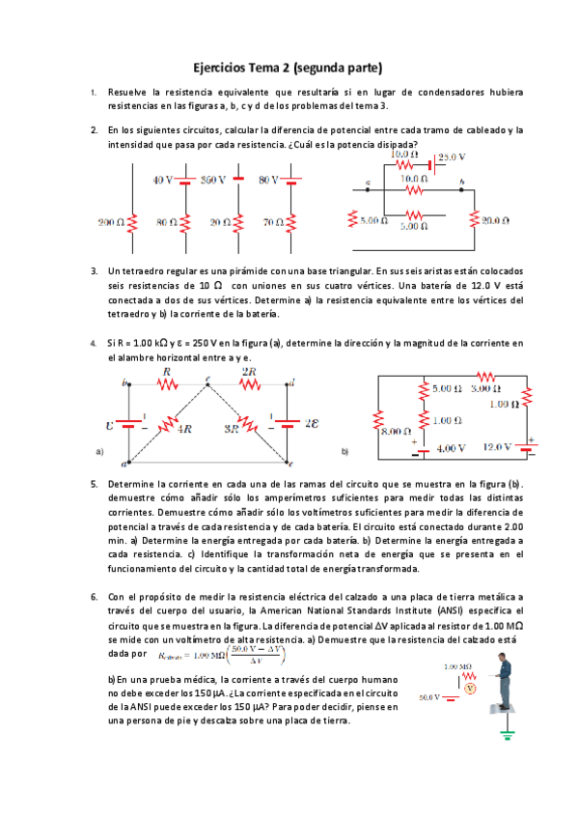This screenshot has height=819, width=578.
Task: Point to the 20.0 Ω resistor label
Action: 496,220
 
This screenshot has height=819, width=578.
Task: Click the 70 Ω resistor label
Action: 274,222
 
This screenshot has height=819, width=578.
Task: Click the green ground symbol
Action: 505,736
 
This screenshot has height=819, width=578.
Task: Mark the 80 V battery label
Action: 268,180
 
